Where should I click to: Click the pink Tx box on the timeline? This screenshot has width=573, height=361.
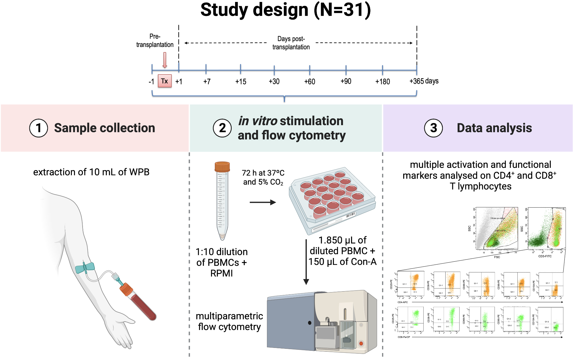point(165,81)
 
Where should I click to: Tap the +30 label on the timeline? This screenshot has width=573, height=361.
point(274,82)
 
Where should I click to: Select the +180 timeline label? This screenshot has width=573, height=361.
point(382,82)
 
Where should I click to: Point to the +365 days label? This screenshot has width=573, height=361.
point(424,81)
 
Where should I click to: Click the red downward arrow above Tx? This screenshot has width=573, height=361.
point(165,60)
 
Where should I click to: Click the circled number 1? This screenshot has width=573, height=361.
point(38,128)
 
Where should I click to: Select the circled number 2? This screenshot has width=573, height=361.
point(222,128)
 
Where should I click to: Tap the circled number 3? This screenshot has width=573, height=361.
point(433,128)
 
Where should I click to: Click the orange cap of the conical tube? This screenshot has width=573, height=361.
point(222,166)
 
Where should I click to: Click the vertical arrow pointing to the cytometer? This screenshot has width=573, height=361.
point(306,262)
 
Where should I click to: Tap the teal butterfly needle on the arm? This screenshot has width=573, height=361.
point(85,268)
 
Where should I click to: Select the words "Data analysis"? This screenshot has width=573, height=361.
point(494,128)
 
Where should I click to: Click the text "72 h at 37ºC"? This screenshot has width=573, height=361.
point(263,173)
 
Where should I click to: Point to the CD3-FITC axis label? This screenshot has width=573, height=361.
point(545,256)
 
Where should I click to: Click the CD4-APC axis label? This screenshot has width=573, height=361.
point(403,302)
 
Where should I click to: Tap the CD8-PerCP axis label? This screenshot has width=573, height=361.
point(404,337)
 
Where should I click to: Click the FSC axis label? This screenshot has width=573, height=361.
point(497,257)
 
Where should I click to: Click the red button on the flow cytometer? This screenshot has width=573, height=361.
point(361,344)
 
